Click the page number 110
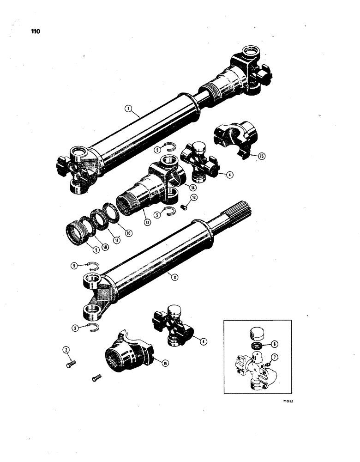(x=35, y=31)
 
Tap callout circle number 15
(x=262, y=156)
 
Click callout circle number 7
(x=276, y=356)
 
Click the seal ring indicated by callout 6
(x=256, y=346)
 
